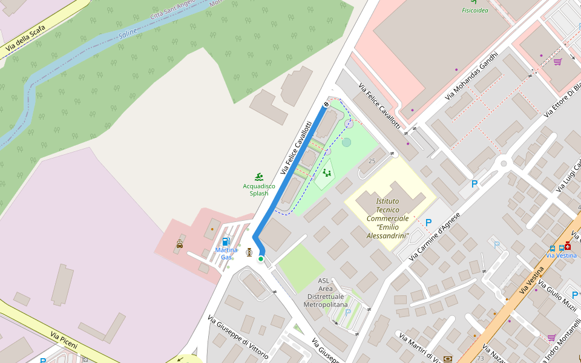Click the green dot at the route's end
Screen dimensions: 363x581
tap(261, 259)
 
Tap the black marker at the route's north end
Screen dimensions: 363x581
tap(326, 105)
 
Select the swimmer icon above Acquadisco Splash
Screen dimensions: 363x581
tap(259, 176)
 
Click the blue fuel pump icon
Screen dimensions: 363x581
tap(226, 241)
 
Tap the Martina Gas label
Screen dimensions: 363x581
tap(226, 253)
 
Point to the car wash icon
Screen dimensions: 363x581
tap(180, 244)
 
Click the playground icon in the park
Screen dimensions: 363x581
tap(327, 173)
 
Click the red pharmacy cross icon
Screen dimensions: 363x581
tap(568, 246)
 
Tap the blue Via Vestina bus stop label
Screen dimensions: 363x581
tap(561, 255)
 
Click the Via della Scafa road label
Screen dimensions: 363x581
tap(25, 38)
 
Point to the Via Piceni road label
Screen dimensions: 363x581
tap(64, 340)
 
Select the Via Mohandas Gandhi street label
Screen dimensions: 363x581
tap(471, 76)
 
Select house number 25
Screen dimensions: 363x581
tap(372, 161)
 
